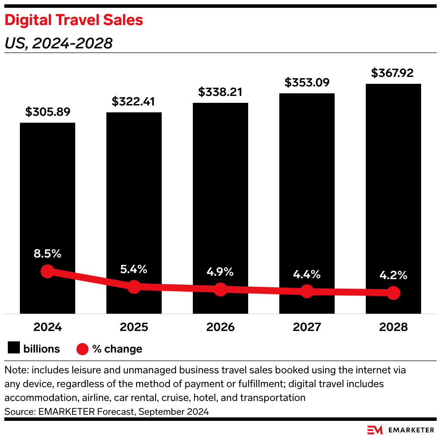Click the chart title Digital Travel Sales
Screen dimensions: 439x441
point(73,20)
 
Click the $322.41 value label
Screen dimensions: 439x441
point(134,102)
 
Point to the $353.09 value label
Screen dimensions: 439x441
point(307,82)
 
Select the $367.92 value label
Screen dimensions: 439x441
point(393,73)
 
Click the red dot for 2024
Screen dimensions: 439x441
point(48,271)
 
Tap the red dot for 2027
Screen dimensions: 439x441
point(307,291)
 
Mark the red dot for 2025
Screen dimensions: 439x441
point(134,286)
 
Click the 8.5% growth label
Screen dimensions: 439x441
point(48,254)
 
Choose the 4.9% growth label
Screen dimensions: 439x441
point(220,272)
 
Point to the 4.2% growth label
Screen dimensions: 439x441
point(393,275)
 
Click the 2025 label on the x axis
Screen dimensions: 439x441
point(134,327)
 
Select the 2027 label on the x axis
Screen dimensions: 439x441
point(307,327)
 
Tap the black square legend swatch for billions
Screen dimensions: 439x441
point(14,349)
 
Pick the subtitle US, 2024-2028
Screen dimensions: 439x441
point(58,43)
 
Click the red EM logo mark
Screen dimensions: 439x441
point(375,430)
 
